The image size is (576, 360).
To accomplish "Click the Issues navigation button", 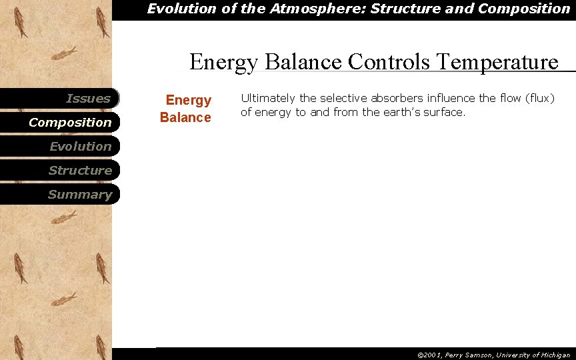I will [x=88, y=99].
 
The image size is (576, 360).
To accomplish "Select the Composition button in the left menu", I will [x=70, y=123].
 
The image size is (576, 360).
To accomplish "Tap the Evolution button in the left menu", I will [x=80, y=147].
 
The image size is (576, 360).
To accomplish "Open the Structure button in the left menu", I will [x=80, y=171].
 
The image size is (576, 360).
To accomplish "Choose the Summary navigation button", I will [x=80, y=195].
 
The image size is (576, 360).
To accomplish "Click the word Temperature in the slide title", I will [x=497, y=62].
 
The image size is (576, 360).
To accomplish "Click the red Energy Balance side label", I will [x=187, y=109].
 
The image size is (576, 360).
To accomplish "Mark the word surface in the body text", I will [x=444, y=113].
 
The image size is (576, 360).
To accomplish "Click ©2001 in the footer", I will [x=430, y=355].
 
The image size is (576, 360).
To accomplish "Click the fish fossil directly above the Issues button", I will [x=65, y=53].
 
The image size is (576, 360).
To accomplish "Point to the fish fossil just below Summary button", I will [x=65, y=217].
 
